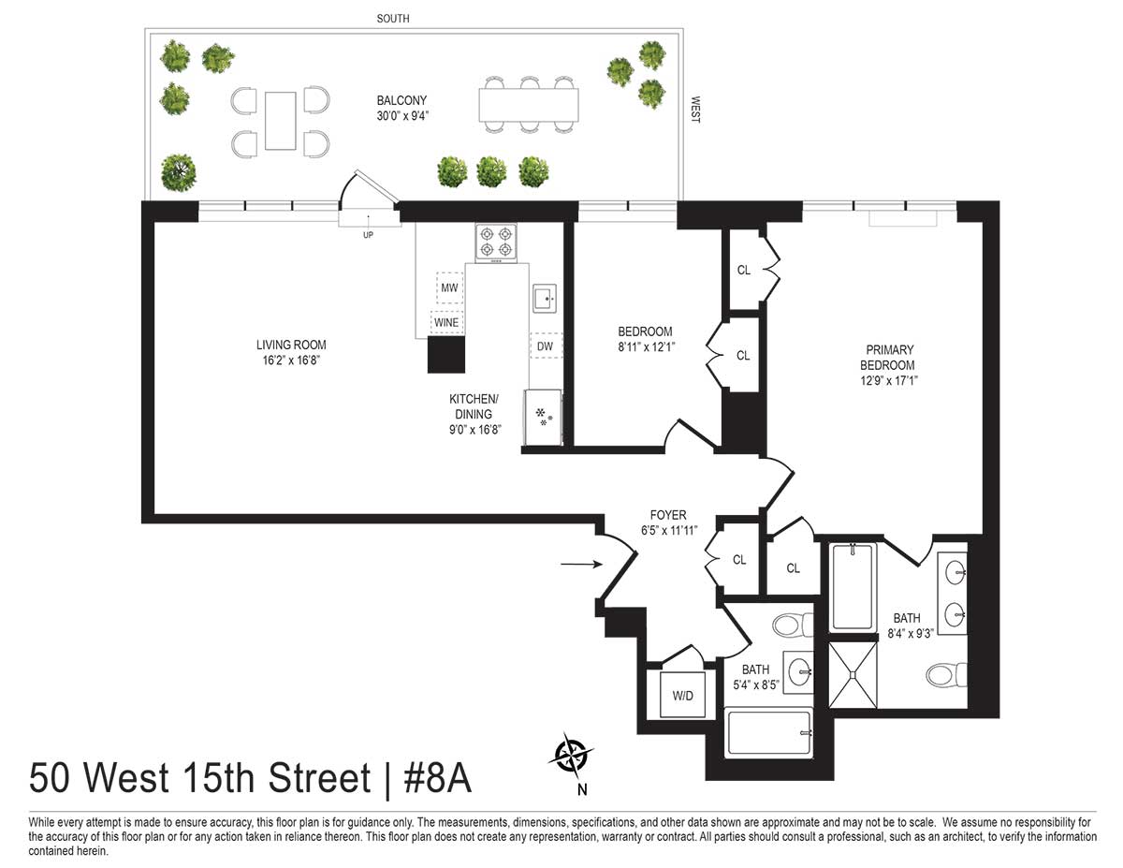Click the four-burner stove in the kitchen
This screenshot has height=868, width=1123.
point(496,243)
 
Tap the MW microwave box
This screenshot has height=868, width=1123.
point(449,287)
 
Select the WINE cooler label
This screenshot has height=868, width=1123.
point(446,323)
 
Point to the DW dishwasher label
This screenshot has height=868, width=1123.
point(546,346)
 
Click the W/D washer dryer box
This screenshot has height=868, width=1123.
point(682,694)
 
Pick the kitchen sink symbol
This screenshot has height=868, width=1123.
point(545,299)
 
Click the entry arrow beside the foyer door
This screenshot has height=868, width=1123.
point(581,564)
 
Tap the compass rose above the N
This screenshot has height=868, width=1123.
point(571,756)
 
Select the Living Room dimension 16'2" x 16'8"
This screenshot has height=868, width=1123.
point(291,360)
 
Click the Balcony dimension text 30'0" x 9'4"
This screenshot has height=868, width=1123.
point(402,116)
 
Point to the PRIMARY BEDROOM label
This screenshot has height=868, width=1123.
point(888,358)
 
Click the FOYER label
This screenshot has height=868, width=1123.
point(668,515)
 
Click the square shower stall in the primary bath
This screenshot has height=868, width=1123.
point(853,675)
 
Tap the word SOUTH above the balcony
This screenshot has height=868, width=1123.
point(393,19)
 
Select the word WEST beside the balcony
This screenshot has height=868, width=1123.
point(695,110)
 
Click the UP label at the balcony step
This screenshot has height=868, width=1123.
point(368,235)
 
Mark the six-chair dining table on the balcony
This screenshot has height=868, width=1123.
point(529,105)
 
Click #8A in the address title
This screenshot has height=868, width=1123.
point(437,778)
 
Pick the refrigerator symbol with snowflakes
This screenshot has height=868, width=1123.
point(543,418)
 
